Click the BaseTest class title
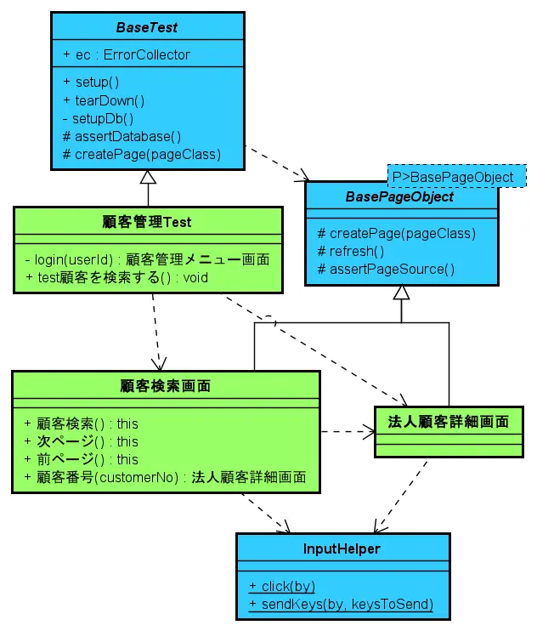pos(148,27)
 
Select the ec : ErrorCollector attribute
pos(127,54)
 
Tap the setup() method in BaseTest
pos(90,82)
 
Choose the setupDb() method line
pos(98,118)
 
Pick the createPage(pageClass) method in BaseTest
pos(141,154)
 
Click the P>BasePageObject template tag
pos(453,177)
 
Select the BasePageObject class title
pos(399,196)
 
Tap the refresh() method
pos(350,251)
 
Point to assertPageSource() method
pos(386,269)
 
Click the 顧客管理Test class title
pos(147,222)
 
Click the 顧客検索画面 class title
pos(166,385)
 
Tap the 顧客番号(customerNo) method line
pos(165,477)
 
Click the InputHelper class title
pos(342,549)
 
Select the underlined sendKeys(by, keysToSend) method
pos(341,605)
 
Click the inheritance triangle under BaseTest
pos(148,177)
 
